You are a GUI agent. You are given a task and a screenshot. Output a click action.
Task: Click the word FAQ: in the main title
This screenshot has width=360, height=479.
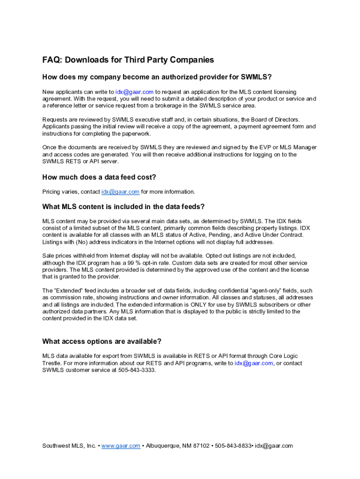click(52, 60)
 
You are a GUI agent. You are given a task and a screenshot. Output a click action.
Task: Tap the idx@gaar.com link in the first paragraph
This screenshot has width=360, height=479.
click(135, 92)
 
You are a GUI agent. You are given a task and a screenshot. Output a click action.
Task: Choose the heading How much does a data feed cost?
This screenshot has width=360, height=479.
click(99, 177)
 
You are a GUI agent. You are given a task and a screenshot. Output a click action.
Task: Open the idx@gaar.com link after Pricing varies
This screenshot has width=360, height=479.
click(120, 192)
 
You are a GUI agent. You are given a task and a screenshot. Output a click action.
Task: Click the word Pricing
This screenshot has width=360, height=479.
click(51, 192)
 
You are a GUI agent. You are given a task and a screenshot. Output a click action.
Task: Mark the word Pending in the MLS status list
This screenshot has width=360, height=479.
click(219, 235)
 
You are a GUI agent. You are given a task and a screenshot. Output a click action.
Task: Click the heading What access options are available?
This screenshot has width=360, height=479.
click(102, 341)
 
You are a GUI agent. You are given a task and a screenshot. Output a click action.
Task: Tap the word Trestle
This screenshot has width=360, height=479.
click(51, 363)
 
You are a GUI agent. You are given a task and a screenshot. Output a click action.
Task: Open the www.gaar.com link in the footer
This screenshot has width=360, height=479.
click(121, 446)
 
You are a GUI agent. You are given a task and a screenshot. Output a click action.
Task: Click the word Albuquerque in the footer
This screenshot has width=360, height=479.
click(163, 446)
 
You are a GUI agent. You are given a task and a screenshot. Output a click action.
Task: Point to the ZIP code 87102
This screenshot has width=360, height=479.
click(202, 446)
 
